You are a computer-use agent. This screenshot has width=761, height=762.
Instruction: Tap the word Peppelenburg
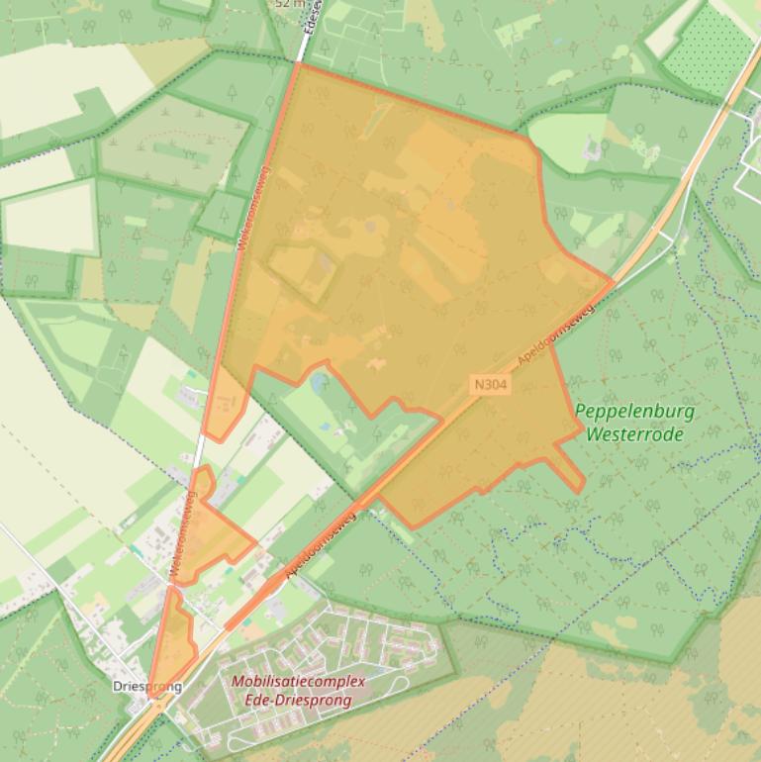(x=634, y=412)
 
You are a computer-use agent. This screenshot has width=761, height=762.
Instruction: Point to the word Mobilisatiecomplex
(x=298, y=682)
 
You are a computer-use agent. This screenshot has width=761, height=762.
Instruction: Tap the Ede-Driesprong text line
(x=298, y=700)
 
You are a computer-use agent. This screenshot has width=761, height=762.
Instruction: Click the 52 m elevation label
(x=289, y=4)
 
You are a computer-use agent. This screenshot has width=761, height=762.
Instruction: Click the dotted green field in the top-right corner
(x=708, y=49)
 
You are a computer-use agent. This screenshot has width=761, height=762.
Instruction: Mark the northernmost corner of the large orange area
(x=297, y=63)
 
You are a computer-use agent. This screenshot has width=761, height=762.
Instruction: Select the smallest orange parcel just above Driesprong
(x=172, y=638)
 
